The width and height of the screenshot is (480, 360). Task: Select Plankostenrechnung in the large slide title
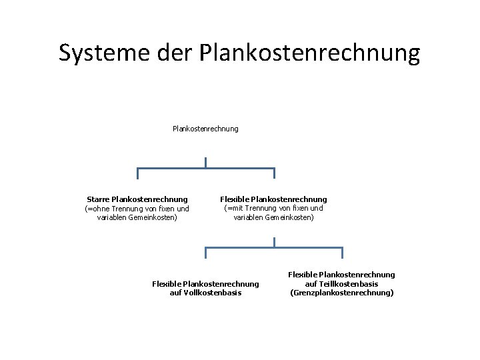pos(310,53)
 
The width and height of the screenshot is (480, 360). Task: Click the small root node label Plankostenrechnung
pos(205,129)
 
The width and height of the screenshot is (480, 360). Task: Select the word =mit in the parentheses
pos(237,209)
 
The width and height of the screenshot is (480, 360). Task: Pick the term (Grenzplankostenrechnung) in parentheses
pos(342,293)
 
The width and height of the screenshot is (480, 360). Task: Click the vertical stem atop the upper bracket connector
pos(206,162)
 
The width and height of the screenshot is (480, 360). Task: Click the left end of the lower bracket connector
pos(206,253)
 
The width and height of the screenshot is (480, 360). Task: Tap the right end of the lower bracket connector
pos(342,253)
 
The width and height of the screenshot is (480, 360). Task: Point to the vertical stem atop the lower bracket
pos(274,242)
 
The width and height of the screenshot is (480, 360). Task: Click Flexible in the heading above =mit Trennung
pos(235,199)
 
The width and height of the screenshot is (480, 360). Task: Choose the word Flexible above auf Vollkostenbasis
pos(167,284)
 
